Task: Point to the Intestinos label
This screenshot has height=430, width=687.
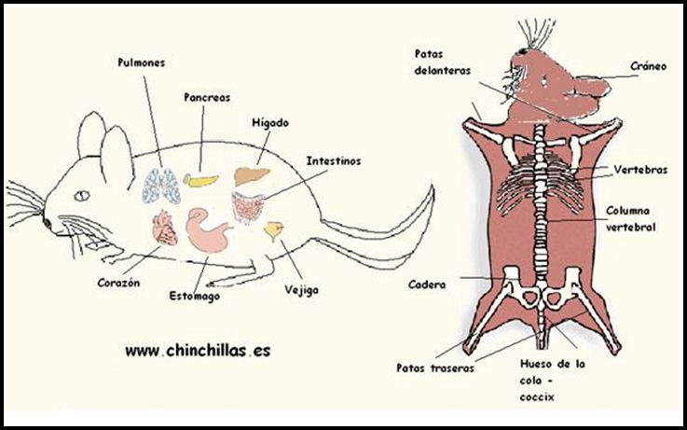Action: (334, 160)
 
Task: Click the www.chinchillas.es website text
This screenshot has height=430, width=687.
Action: (198, 351)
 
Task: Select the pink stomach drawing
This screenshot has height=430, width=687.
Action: (212, 229)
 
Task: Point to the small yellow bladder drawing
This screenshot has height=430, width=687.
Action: (275, 229)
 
